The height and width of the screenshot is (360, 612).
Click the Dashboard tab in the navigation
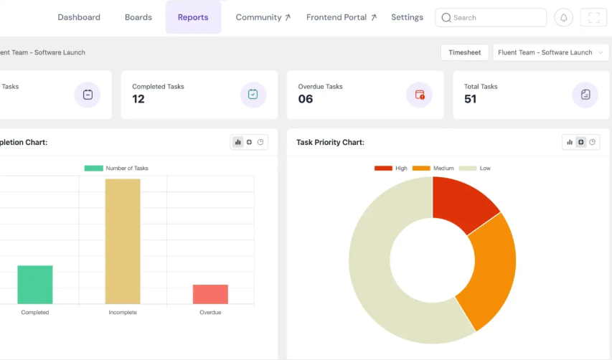pyautogui.click(x=79, y=17)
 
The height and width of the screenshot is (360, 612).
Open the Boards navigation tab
pyautogui.click(x=138, y=17)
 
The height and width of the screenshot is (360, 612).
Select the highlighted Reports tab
pyautogui.click(x=193, y=17)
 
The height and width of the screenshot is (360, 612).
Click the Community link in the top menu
pyautogui.click(x=263, y=17)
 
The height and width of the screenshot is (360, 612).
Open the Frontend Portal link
pyautogui.click(x=341, y=17)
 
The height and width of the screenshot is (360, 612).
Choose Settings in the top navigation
pyautogui.click(x=407, y=17)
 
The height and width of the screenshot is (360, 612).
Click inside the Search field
pyautogui.click(x=495, y=18)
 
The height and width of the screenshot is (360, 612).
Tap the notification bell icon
pyautogui.click(x=563, y=18)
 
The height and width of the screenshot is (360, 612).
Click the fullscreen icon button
pyautogui.click(x=593, y=18)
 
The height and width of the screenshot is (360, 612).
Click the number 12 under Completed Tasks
pyautogui.click(x=138, y=99)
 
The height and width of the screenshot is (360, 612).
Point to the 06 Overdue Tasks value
pyautogui.click(x=306, y=99)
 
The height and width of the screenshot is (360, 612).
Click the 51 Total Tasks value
pyautogui.click(x=471, y=99)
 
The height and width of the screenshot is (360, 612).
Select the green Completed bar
pyautogui.click(x=35, y=285)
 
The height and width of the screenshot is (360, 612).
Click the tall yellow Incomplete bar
pyautogui.click(x=123, y=241)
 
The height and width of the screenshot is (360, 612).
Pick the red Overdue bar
pyautogui.click(x=210, y=294)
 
